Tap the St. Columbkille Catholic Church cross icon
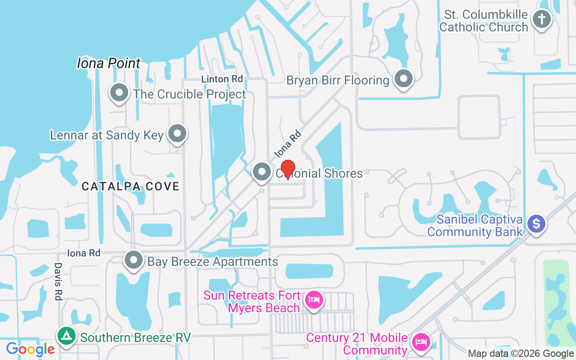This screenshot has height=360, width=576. [542, 19]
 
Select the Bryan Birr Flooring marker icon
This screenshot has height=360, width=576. [404, 79]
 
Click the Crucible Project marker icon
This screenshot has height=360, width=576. [119, 93]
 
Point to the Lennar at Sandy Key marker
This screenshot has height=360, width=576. [178, 134]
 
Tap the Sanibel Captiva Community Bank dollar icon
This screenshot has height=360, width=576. [536, 223]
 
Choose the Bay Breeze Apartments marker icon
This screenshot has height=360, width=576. [134, 261]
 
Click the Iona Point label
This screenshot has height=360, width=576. [109, 63]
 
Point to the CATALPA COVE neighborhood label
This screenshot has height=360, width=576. [130, 186]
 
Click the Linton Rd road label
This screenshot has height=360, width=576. [222, 79]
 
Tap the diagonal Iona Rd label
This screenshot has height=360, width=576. [287, 144]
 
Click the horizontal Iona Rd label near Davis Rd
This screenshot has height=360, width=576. [84, 253]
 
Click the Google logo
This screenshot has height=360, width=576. [30, 349]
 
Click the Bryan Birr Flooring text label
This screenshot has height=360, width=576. [338, 81]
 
